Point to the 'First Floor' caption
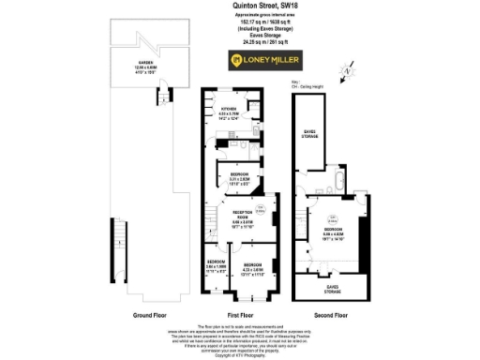point(240,315)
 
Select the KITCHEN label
point(229,114)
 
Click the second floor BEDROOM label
point(335,234)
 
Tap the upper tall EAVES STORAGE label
point(310,134)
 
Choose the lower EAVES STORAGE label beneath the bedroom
point(330,287)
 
